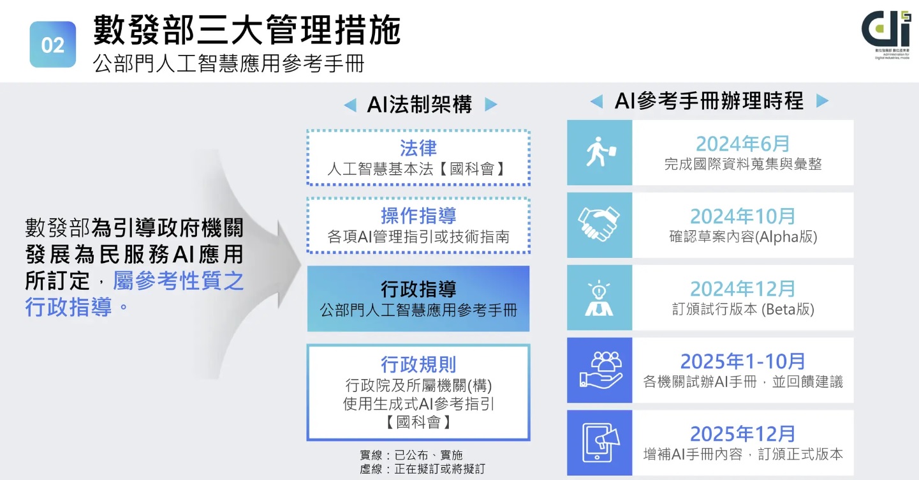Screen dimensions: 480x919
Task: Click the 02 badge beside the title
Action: tap(53, 45)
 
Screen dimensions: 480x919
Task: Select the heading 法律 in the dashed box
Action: tap(418, 148)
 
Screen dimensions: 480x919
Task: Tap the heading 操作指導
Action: tap(418, 215)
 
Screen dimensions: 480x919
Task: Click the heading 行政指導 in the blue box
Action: tap(418, 289)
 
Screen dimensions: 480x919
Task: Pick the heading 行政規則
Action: tap(418, 364)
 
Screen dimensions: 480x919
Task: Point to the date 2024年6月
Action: tap(742, 144)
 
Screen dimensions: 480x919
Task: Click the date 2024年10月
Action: tap(742, 216)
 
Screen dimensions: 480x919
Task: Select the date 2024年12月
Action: tap(742, 289)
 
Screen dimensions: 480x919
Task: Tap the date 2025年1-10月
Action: tap(742, 361)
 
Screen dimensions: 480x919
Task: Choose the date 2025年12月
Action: tap(742, 434)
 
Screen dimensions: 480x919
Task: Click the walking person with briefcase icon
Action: tap(599, 153)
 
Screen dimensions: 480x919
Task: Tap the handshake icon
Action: tap(599, 225)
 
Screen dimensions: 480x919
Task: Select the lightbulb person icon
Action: tap(599, 297)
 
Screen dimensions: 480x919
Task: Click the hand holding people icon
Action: tap(599, 370)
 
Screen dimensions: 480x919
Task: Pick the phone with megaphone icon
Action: tap(599, 442)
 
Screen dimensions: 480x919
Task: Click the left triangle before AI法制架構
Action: tap(349, 105)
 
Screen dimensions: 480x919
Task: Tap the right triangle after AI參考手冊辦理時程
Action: tap(822, 101)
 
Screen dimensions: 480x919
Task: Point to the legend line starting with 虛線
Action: tap(422, 469)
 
